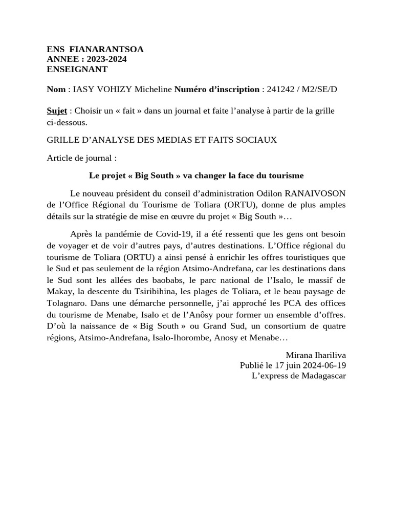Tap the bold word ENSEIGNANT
coord(77,69)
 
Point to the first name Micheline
coord(153,90)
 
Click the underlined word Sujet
coord(57,111)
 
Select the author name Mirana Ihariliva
coord(316,355)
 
